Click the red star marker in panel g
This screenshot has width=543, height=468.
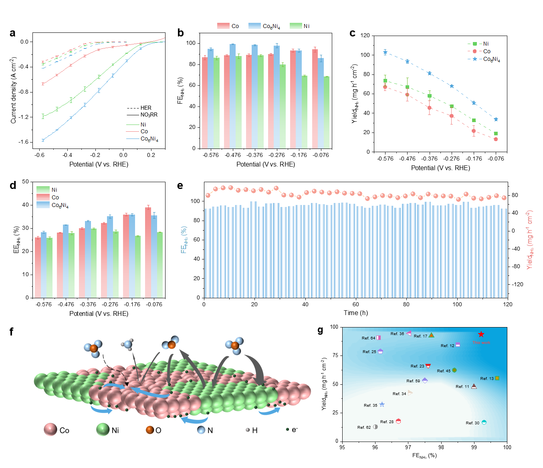[481, 334]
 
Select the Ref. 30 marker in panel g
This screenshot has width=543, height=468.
[484, 422]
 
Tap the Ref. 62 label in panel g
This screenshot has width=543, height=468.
[364, 428]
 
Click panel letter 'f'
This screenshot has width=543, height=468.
[11, 331]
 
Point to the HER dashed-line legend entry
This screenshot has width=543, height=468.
[139, 108]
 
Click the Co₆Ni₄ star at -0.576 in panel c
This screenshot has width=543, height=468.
[385, 52]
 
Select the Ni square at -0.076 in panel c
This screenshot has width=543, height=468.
[496, 134]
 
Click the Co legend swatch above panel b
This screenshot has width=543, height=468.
[223, 26]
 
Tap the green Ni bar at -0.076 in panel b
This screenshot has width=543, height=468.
[327, 112]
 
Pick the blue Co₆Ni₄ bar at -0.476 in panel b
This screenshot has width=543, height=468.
[232, 96]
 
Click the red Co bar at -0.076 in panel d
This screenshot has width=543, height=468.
[148, 252]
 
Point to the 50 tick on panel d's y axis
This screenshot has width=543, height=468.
[25, 182]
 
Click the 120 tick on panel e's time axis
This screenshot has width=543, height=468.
[507, 304]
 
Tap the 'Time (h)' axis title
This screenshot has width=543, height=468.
[355, 313]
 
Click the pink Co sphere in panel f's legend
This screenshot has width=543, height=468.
[50, 430]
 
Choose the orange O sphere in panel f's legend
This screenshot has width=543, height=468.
[150, 430]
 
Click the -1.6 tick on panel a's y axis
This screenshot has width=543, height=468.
[24, 142]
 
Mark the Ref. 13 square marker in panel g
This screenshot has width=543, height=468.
[497, 378]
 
